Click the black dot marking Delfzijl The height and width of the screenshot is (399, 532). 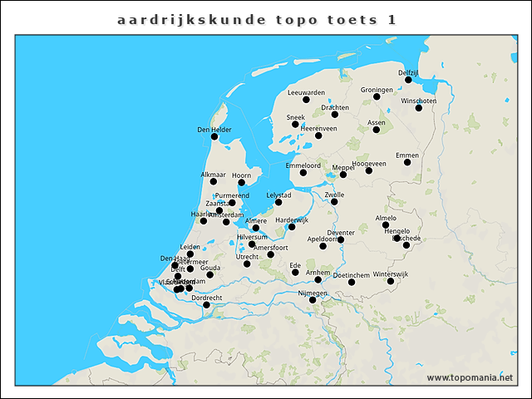click(x=408, y=81)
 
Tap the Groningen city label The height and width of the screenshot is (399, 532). click(x=377, y=89)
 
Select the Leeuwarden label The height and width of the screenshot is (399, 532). click(x=306, y=91)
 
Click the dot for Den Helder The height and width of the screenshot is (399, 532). click(x=214, y=137)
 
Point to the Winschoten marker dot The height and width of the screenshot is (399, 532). click(x=419, y=108)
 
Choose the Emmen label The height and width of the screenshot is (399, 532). click(x=407, y=155)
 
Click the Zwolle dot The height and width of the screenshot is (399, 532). click(x=334, y=201)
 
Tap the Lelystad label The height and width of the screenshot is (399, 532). click(x=278, y=195)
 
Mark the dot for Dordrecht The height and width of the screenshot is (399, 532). click(x=207, y=305)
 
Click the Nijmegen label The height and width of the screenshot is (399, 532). click(x=313, y=293)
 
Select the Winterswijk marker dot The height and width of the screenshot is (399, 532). click(x=391, y=282)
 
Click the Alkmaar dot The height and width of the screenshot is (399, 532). click(x=214, y=181)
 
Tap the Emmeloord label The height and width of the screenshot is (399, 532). click(x=303, y=165)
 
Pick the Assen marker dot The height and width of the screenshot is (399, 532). click(x=377, y=130)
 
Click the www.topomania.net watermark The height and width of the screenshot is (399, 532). click(x=470, y=377)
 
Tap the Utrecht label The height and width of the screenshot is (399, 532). click(x=247, y=257)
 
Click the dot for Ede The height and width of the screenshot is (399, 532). click(x=295, y=273)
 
